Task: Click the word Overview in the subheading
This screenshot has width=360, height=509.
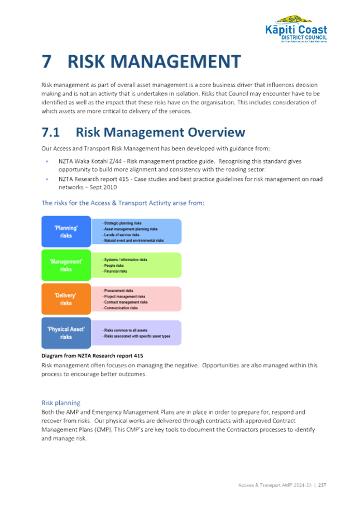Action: point(217,133)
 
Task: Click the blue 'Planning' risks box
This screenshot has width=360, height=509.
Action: point(66,232)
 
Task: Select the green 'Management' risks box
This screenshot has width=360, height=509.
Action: point(66,265)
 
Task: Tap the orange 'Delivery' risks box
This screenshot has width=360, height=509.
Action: point(66,299)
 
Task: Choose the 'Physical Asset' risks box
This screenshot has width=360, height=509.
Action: point(66,333)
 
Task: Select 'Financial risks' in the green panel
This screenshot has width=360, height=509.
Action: point(117,271)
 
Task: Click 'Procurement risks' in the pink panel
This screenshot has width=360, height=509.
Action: point(118,291)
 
